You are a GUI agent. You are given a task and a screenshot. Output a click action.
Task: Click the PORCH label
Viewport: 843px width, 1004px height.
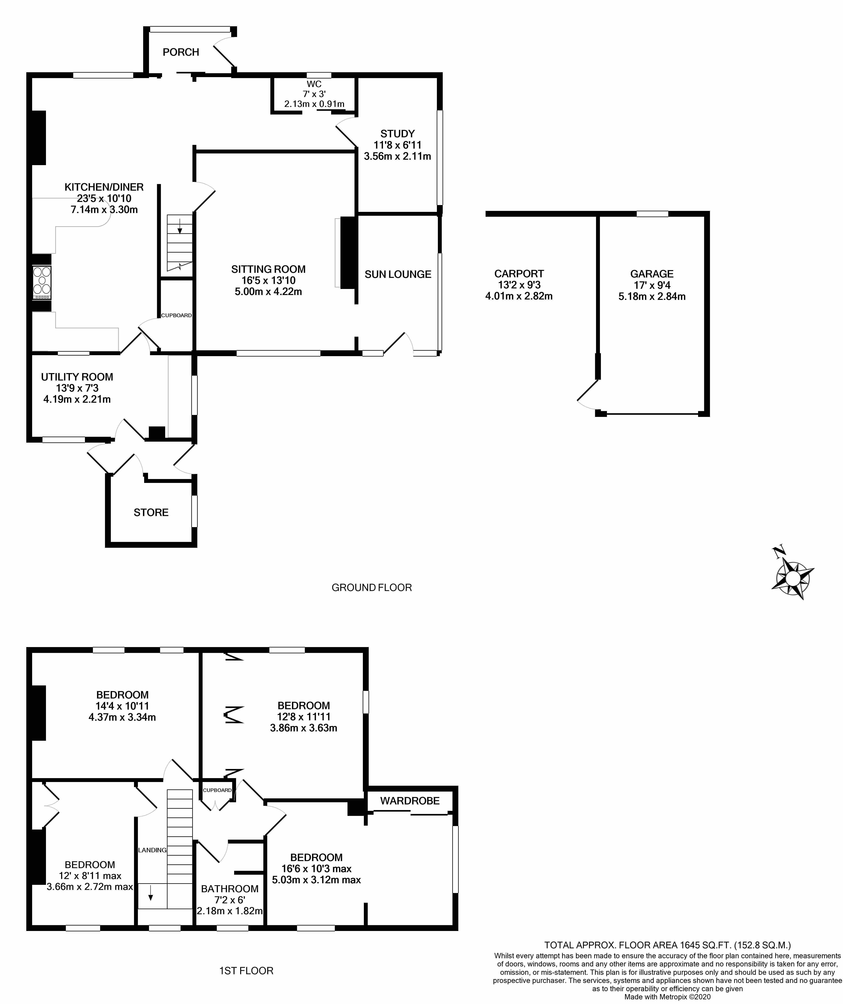pyautogui.click(x=181, y=52)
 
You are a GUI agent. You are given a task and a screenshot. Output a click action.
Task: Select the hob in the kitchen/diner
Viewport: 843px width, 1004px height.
pyautogui.click(x=42, y=283)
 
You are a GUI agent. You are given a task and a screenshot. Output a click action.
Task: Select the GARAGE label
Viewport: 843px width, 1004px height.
pyautogui.click(x=652, y=274)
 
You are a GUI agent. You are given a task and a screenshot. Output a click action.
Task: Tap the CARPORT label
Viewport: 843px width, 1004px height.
pyautogui.click(x=519, y=274)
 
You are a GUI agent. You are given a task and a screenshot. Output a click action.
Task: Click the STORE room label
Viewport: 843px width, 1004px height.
pyautogui.click(x=151, y=513)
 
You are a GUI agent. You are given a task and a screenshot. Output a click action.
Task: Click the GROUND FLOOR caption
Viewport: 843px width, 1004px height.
pyautogui.click(x=371, y=587)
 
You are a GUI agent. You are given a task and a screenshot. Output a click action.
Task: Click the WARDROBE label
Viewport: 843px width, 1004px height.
pyautogui.click(x=410, y=801)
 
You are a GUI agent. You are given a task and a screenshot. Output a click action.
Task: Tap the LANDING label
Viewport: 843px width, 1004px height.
pyautogui.click(x=152, y=850)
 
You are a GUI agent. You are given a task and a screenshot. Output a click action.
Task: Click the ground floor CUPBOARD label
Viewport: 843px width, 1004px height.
pyautogui.click(x=176, y=315)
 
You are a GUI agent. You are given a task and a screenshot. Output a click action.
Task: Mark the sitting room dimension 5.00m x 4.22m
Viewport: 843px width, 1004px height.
pyautogui.click(x=268, y=292)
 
